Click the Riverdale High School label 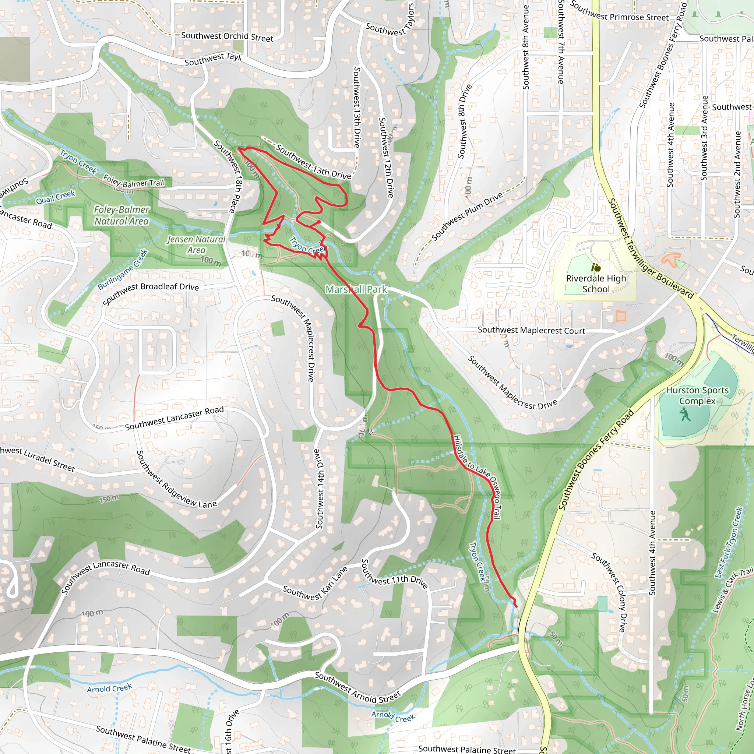pyautogui.click(x=596, y=284)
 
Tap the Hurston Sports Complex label pyautogui.click(x=697, y=395)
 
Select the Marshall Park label pyautogui.click(x=356, y=289)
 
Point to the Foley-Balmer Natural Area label pyautogui.click(x=121, y=215)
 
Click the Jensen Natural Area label pyautogui.click(x=196, y=245)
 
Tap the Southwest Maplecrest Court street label pyautogui.click(x=531, y=331)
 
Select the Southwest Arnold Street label pyautogui.click(x=357, y=687)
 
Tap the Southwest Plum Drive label pyautogui.click(x=467, y=216)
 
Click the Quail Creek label pyautogui.click(x=56, y=197)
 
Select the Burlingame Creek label pyautogui.click(x=123, y=269)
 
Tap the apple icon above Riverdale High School pyautogui.click(x=596, y=267)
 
